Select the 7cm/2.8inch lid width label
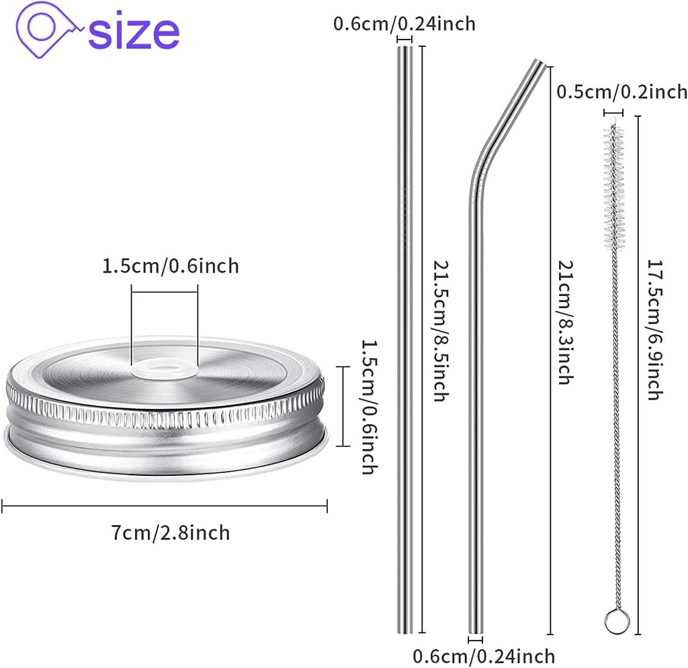coord(171,532)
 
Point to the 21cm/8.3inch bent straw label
coord(564,322)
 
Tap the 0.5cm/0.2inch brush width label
coord(621,92)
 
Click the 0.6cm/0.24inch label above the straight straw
coord(404,24)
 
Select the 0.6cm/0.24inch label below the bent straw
coord(484,656)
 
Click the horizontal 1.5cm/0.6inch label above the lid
coord(171,266)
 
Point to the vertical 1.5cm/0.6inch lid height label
coord(368,406)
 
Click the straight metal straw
coord(404,336)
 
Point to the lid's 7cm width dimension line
coord(164,506)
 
